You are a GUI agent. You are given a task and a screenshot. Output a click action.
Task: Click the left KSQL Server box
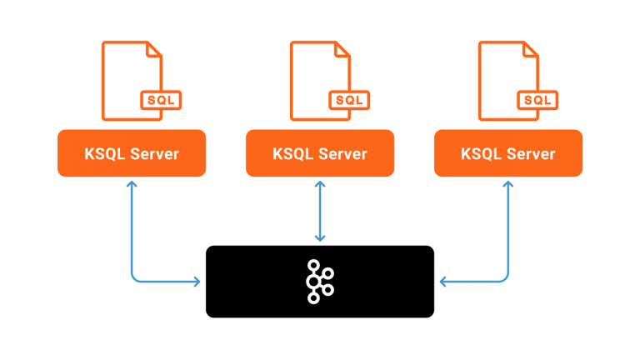(x=131, y=153)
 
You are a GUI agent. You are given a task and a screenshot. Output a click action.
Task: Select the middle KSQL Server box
(x=320, y=153)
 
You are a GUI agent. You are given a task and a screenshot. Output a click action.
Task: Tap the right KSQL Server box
(x=508, y=153)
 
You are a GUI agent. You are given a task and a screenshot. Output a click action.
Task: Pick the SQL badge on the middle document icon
(x=348, y=100)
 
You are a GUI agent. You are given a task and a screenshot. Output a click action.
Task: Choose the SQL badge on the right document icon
(x=537, y=100)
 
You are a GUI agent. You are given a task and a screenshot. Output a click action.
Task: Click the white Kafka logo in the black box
(x=319, y=281)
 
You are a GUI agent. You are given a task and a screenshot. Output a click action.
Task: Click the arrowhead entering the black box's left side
(x=198, y=282)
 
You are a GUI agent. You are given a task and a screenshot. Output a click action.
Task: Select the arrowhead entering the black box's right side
(x=442, y=282)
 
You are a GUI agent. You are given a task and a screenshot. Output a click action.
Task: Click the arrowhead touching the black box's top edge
(x=320, y=240)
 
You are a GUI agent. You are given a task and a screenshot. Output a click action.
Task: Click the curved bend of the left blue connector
(x=134, y=278)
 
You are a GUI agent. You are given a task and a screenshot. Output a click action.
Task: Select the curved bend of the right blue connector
(x=505, y=278)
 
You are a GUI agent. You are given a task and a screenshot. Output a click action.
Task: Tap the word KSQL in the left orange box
(x=105, y=153)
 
